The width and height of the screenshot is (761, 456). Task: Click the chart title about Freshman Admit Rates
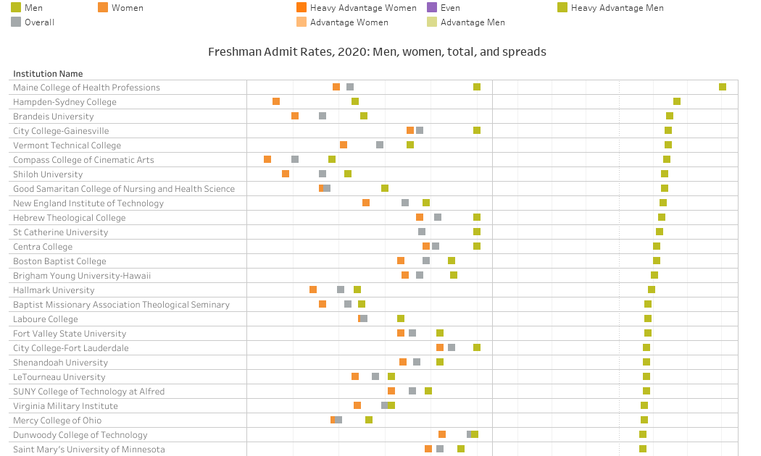coord(377,52)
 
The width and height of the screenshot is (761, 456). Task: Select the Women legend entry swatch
coord(103,8)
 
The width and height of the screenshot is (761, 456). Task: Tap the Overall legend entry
coord(16,22)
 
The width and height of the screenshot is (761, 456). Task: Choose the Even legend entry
coord(432,8)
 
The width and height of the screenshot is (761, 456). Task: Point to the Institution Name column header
coord(48,74)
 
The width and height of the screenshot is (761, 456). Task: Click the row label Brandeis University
coord(54,117)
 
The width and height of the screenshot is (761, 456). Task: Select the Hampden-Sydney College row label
coord(65,102)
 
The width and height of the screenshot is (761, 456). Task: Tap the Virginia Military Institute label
coord(65,406)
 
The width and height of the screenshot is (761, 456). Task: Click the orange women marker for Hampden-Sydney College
coord(276,101)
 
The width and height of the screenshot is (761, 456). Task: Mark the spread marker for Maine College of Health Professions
coord(723,87)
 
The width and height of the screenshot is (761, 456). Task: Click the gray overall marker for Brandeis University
coord(323,116)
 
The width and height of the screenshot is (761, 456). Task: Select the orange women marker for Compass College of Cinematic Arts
coord(267,159)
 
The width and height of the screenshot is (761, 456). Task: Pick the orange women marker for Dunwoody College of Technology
coord(442,434)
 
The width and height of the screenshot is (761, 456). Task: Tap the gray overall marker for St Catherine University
coord(422,232)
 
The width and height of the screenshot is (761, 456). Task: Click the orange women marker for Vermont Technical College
coord(344,145)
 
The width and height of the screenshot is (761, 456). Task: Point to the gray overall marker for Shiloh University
coord(323,174)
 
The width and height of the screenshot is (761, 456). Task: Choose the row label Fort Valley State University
coord(70,334)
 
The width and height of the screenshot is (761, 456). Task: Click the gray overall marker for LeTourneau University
coord(375,376)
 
